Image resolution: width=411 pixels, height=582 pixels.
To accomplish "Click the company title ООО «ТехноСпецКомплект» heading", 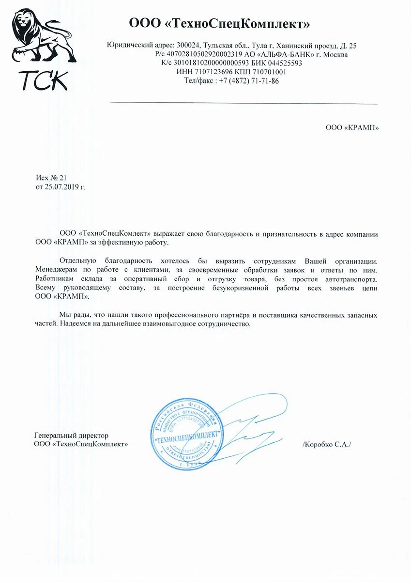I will pyautogui.click(x=219, y=24).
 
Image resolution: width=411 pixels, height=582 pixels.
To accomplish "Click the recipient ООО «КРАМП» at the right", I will pyautogui.click(x=352, y=128).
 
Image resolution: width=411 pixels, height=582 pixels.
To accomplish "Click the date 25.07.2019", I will pyautogui.click(x=61, y=187).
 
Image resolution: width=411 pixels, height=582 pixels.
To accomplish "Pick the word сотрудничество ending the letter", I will pyautogui.click(x=222, y=323).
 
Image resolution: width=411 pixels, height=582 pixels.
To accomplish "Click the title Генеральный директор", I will pyautogui.click(x=72, y=435).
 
